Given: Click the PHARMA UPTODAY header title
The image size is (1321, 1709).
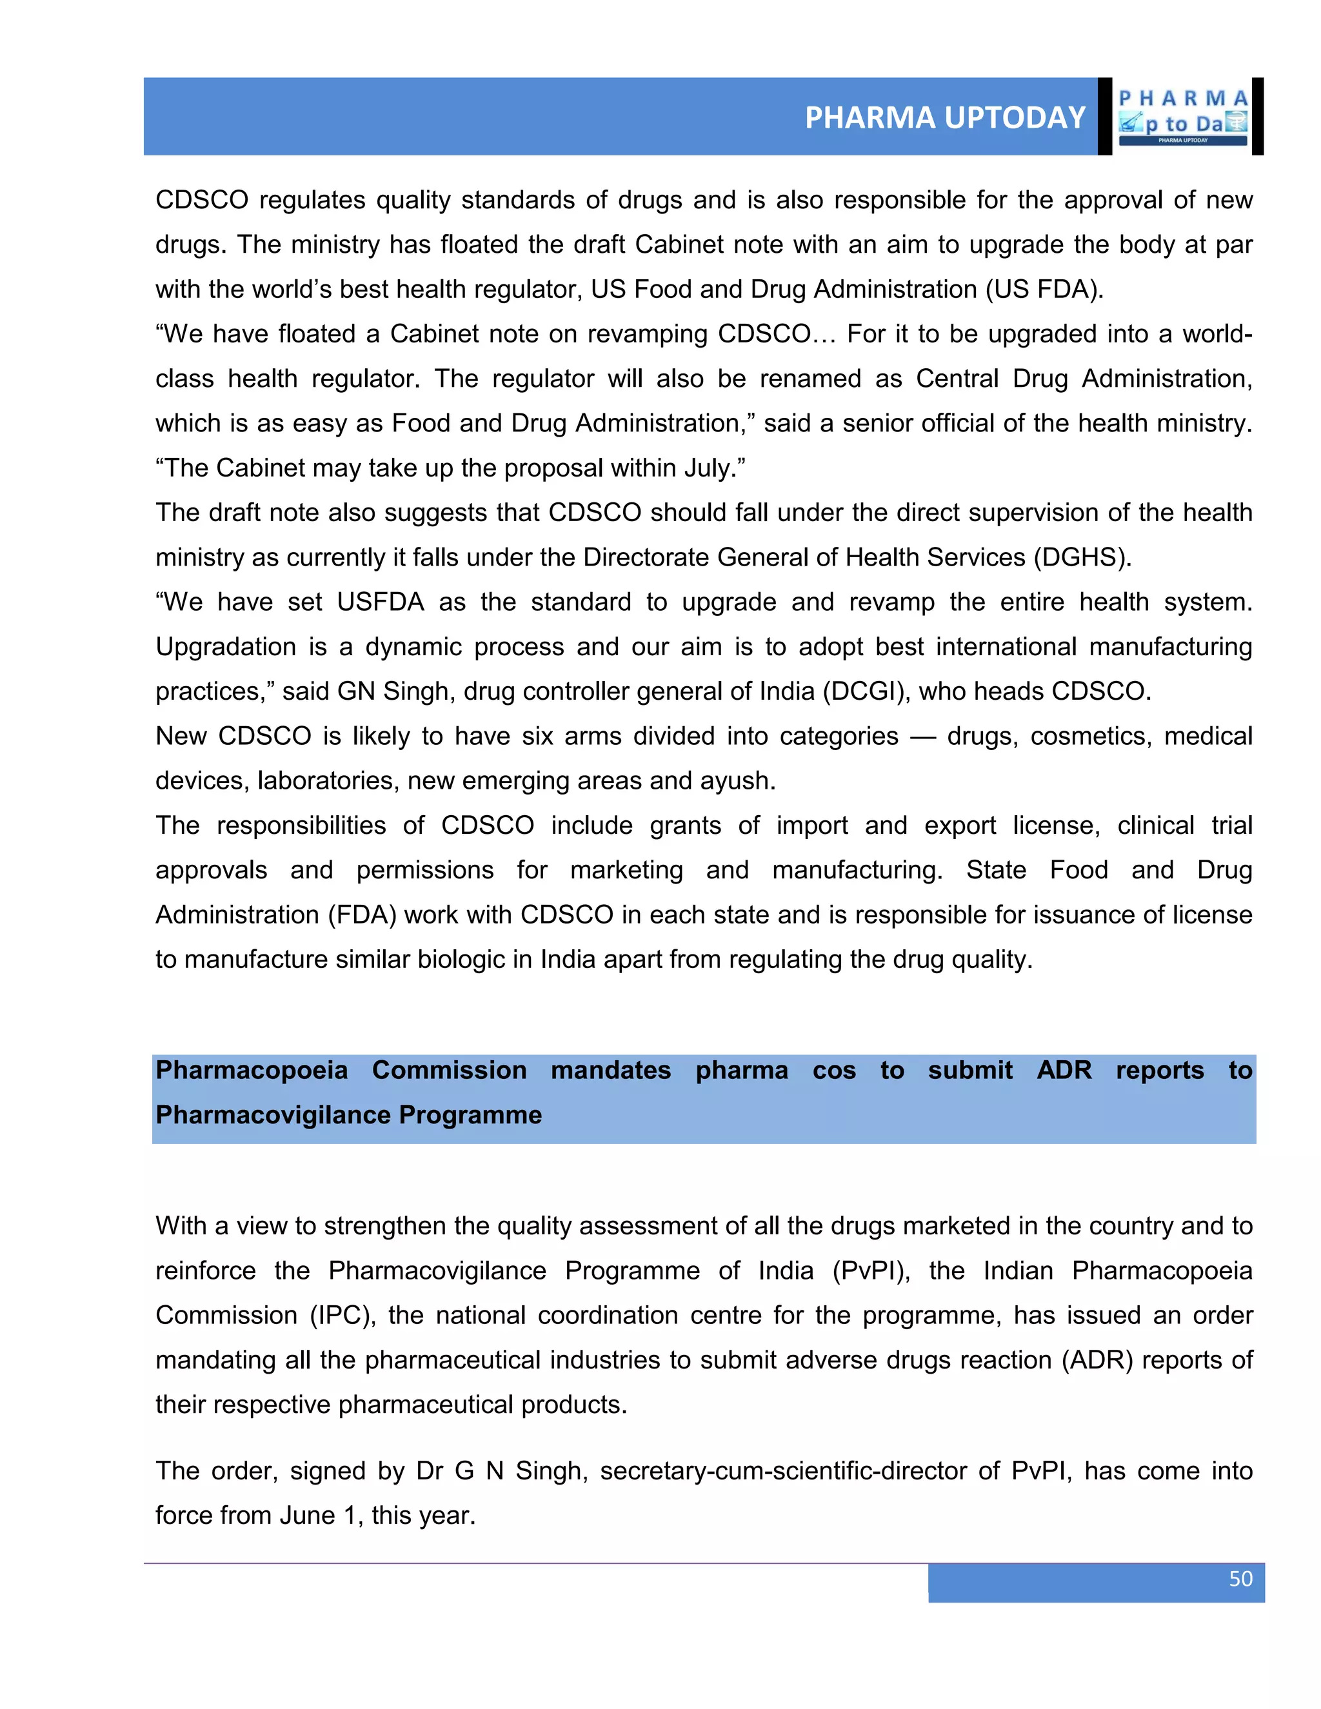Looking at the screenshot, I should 944,117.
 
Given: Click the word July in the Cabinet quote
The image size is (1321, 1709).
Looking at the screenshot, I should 708,468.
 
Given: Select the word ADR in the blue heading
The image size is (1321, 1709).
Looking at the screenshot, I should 1064,1070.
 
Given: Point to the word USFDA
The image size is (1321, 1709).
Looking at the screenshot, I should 381,602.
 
